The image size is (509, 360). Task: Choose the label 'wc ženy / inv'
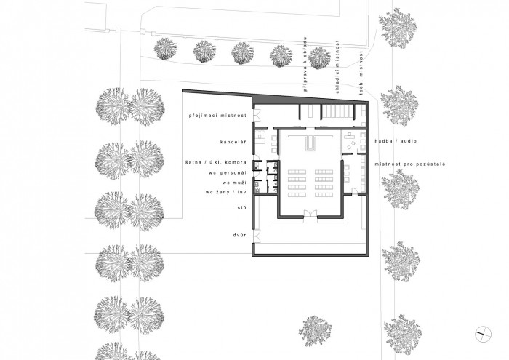point(226,193)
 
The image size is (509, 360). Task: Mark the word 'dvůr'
point(241,235)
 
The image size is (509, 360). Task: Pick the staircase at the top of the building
point(337,112)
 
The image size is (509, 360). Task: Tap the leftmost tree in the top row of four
point(165,49)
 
